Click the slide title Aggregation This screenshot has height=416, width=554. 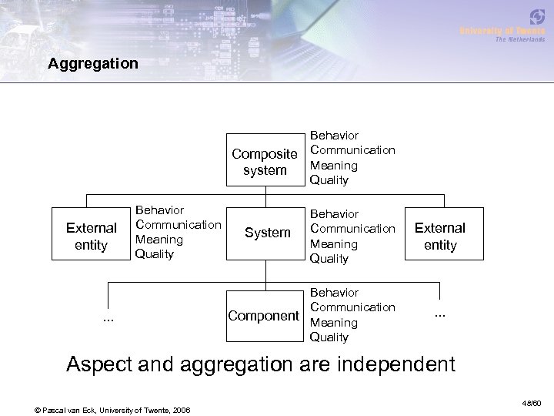click(92, 63)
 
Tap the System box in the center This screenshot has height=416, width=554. click(267, 233)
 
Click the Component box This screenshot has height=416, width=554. click(264, 315)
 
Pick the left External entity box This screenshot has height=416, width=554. click(92, 236)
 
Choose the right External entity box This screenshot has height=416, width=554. click(440, 237)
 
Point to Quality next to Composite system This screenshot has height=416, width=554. click(329, 180)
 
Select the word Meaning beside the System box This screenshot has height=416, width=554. click(333, 243)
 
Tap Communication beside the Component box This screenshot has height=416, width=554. click(352, 307)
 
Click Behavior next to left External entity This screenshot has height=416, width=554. click(159, 210)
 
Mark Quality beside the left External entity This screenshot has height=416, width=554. click(154, 254)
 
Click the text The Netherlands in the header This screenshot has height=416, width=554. click(519, 39)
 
